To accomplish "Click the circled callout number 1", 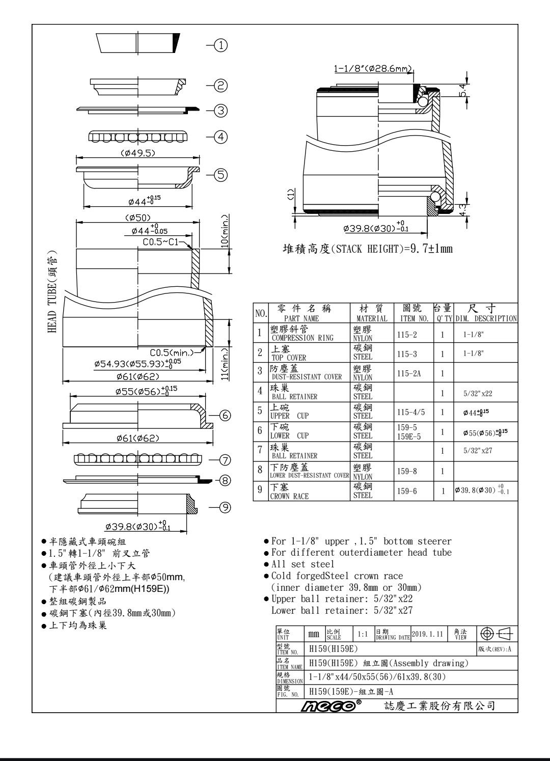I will click(x=220, y=46).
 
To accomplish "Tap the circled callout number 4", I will click(x=221, y=137).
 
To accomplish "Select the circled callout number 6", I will click(x=225, y=415).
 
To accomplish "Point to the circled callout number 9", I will click(x=225, y=507).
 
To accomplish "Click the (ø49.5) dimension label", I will click(x=137, y=152).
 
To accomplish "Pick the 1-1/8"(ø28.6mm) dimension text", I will click(x=373, y=69).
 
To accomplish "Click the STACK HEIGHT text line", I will click(x=368, y=249).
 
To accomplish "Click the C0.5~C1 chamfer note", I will click(x=161, y=242).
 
